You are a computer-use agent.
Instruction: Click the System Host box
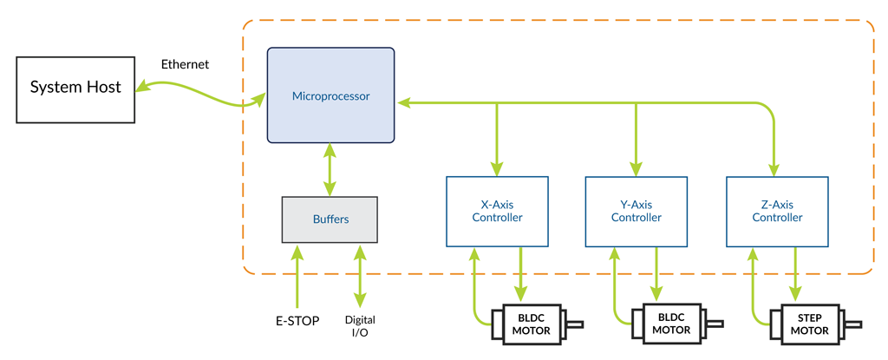pyautogui.click(x=76, y=88)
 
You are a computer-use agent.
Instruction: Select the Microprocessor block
pyautogui.click(x=330, y=95)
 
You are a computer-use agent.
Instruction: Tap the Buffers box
pyautogui.click(x=330, y=219)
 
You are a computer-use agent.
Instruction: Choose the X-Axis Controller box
pyautogui.click(x=497, y=211)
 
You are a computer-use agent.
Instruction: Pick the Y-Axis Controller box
pyautogui.click(x=637, y=211)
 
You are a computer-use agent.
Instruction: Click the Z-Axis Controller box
pyautogui.click(x=776, y=211)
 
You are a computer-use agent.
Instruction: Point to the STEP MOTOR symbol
pyautogui.click(x=808, y=324)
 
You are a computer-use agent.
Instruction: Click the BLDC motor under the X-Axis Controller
pyautogui.click(x=530, y=324)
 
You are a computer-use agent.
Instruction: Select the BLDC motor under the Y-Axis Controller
pyautogui.click(x=670, y=324)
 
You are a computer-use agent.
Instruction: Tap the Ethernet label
pyautogui.click(x=185, y=65)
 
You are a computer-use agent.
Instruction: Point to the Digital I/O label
pyautogui.click(x=360, y=326)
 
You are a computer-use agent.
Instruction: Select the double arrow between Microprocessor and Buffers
pyautogui.click(x=330, y=170)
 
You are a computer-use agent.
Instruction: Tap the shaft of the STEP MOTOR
pyautogui.click(x=853, y=325)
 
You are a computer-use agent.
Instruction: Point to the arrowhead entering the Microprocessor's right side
pyautogui.click(x=403, y=102)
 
